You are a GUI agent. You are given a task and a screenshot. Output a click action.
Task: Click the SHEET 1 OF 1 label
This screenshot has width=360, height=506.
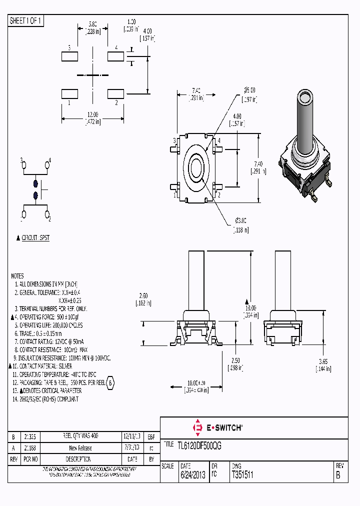(x=26, y=20)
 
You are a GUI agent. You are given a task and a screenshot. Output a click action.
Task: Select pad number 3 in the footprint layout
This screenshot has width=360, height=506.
(x=68, y=55)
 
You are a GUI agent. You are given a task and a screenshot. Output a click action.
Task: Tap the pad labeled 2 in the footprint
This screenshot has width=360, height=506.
(x=116, y=93)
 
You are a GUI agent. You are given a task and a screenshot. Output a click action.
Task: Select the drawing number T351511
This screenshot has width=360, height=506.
(x=242, y=475)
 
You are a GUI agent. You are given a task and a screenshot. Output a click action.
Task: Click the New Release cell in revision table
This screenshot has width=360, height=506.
(x=80, y=448)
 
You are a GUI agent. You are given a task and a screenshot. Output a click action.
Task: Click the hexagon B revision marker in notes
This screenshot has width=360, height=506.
(x=111, y=382)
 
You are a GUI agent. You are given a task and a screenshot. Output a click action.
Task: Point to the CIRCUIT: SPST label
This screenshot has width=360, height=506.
(x=35, y=238)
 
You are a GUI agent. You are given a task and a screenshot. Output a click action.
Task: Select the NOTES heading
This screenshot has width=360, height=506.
(x=17, y=276)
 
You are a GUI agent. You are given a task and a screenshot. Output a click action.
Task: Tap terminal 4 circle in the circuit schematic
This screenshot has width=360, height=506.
(x=48, y=162)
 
